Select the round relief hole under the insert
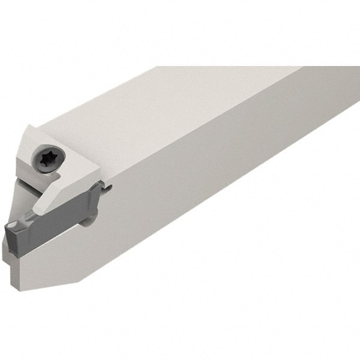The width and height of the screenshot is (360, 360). pos(88,221)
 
